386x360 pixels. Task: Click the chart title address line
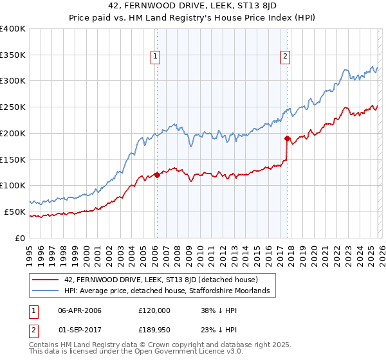pos(193,6)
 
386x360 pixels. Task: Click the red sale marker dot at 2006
pos(156,175)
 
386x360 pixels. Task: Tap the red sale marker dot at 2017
pos(287,138)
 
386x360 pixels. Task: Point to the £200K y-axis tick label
pos(13,133)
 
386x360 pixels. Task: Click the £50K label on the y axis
pos(15,212)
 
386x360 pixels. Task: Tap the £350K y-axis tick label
pos(13,55)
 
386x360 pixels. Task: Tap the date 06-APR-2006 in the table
pos(80,310)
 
